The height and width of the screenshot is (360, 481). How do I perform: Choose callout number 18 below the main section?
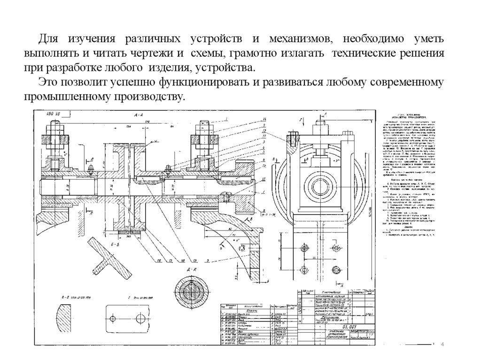[x=159, y=260]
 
